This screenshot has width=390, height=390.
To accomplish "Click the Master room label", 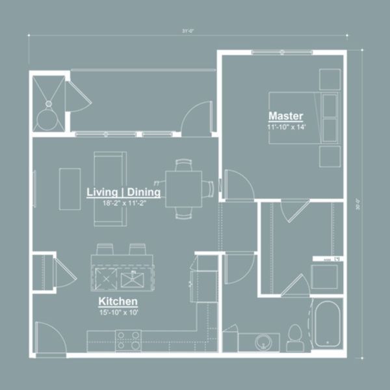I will (286, 116).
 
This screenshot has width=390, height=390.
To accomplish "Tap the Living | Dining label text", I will (124, 192).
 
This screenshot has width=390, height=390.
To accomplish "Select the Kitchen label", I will (118, 302).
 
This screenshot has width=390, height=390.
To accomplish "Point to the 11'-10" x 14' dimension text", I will (286, 127).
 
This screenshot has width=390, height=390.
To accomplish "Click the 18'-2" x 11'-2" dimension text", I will (124, 203).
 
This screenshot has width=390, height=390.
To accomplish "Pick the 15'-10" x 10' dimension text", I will (118, 313).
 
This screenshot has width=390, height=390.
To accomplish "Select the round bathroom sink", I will (264, 341).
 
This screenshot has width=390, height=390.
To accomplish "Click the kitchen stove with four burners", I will (129, 339).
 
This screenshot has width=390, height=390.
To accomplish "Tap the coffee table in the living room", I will (70, 188).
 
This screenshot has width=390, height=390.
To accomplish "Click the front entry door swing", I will (49, 338).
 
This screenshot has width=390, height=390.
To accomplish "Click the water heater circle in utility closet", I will (47, 119).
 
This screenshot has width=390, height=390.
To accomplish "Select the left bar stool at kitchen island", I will (105, 249).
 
